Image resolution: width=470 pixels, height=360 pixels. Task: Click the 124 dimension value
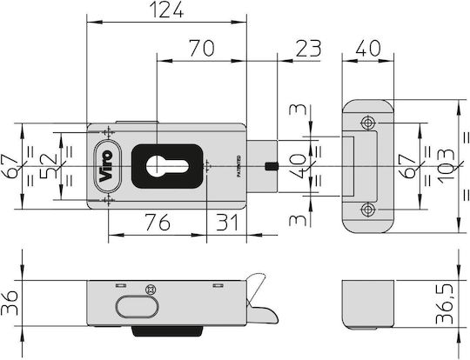pos(166,10)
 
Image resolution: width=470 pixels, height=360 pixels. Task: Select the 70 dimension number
pos(202,48)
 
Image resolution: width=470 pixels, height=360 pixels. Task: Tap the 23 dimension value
pos(308,48)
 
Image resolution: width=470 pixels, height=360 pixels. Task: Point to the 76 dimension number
pos(158,223)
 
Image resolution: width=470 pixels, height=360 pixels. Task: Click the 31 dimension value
pos(227,223)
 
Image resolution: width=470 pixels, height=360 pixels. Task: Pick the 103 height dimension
pos(446,165)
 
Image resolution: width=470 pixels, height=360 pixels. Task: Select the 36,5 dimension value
pos(444,303)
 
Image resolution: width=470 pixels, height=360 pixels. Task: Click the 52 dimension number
pos(49,165)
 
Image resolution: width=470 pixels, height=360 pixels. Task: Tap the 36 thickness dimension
pos(10,303)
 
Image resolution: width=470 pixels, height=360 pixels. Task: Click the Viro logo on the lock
pos(106,165)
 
